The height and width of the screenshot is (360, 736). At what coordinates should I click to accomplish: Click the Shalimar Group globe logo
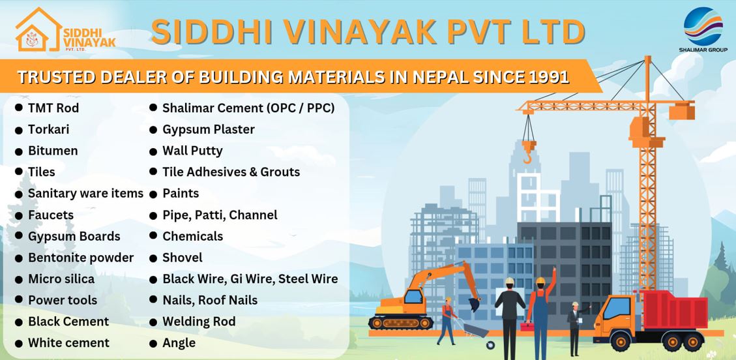coord(703,26)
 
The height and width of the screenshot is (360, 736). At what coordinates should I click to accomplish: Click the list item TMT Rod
coord(53,108)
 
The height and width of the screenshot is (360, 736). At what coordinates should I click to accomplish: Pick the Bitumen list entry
coord(53,151)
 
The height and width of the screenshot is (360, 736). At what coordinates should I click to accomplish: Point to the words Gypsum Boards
coord(74,237)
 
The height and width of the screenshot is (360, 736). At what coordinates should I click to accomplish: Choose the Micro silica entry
coord(61,278)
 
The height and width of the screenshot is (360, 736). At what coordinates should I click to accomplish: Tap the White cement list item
coord(69,343)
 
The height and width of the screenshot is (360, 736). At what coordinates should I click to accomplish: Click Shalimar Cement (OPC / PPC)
coord(249,108)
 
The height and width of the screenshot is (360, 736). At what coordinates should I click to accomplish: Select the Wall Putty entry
coord(192,151)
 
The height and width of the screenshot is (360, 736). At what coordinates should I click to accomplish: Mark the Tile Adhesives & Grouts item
coord(231,172)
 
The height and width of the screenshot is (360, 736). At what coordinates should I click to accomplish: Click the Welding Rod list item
coord(199,322)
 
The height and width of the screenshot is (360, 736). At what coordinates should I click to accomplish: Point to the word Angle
coord(179,343)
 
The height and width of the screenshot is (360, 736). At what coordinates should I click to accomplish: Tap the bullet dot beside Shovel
coord(153,258)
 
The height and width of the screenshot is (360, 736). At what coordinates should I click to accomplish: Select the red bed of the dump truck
coord(673,309)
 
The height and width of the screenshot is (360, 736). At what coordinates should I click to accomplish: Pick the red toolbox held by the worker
coord(527,326)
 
